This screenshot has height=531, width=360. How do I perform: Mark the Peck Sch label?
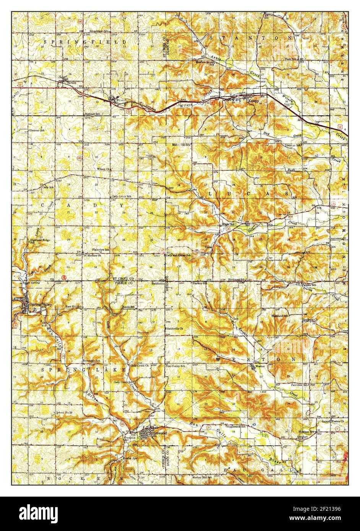click(x=291, y=59)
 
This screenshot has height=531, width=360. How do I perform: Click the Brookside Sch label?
click(x=91, y=361)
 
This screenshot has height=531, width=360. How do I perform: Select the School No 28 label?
click(x=64, y=413)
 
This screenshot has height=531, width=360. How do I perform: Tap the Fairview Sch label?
click(x=300, y=385)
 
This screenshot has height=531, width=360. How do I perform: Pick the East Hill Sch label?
click(x=74, y=307)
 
